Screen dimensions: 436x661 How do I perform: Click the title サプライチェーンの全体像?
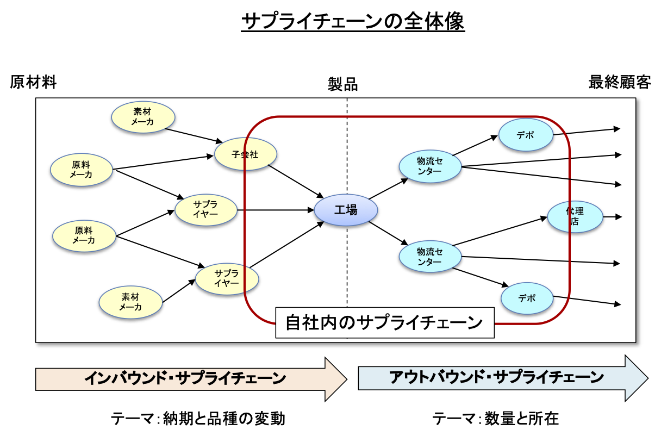coord(353,22)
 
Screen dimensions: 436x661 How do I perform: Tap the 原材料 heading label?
coord(33,83)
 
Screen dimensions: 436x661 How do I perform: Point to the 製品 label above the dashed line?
coord(343,84)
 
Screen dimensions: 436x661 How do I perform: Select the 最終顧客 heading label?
coord(619,83)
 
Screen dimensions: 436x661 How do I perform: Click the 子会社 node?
coord(245,154)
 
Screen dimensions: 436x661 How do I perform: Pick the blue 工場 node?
coord(346,209)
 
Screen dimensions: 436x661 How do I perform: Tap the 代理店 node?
coord(575,217)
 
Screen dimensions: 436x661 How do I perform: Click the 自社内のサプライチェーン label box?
coord(384,323)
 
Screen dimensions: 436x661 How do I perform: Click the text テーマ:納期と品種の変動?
coord(198,419)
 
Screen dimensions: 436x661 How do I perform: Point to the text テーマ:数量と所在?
coord(495,419)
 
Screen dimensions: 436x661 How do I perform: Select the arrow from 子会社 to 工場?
coord(296,180)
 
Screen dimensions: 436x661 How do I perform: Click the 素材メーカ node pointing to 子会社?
coord(143,117)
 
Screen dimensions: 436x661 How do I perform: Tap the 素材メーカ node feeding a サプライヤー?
coord(131,302)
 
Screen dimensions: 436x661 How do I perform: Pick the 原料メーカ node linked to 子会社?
coord(82,170)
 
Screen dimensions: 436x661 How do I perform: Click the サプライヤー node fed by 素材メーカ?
coord(227,278)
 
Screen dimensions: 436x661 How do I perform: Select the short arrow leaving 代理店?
coord(612,216)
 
